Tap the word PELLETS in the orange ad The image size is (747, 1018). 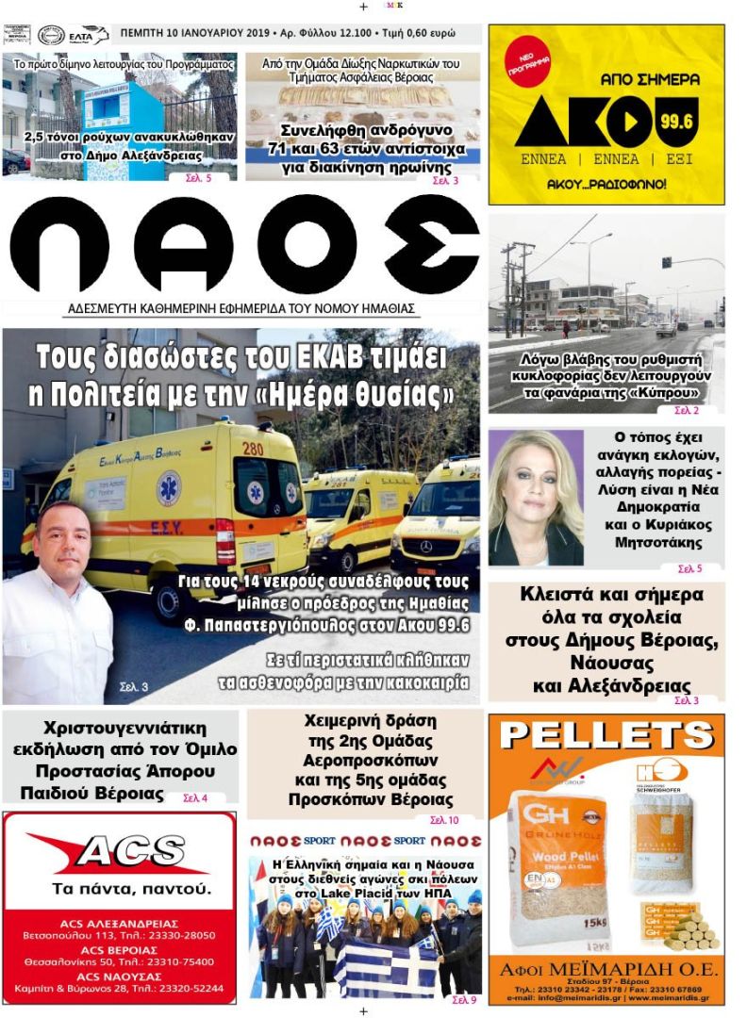pos(606,736)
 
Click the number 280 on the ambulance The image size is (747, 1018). pos(252,449)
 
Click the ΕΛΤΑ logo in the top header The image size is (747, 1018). pos(88,35)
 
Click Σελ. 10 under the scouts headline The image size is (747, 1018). pos(444,820)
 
